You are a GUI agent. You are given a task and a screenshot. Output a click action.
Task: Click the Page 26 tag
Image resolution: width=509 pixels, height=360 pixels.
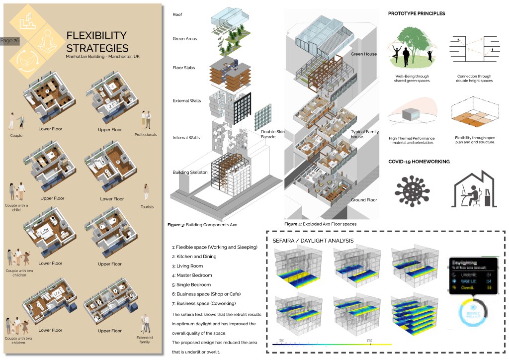(x=10, y=41)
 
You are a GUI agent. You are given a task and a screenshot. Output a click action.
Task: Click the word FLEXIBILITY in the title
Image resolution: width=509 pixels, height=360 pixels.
(x=96, y=36)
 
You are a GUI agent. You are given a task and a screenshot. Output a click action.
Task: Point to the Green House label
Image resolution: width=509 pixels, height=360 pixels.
(x=364, y=54)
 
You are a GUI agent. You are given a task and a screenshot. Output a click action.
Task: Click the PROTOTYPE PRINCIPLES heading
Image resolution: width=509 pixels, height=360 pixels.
(x=417, y=13)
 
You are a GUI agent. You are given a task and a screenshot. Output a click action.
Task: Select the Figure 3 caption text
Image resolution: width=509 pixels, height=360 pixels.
(x=202, y=225)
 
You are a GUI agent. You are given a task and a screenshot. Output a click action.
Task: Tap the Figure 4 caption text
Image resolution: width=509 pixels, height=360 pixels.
(x=320, y=224)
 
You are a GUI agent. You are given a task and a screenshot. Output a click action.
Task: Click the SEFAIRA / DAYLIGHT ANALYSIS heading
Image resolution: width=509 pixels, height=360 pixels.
(x=313, y=241)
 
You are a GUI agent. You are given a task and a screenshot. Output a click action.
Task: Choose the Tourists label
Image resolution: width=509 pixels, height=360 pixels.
(x=147, y=207)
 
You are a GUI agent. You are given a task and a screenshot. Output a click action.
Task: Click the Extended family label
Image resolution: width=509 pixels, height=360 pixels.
(x=146, y=340)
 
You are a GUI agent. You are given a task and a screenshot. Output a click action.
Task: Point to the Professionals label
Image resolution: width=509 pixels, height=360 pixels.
(x=146, y=134)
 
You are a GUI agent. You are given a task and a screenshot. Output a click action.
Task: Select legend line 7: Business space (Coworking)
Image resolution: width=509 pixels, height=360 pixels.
(x=204, y=303)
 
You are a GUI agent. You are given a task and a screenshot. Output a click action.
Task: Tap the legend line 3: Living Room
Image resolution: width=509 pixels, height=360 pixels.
(x=187, y=266)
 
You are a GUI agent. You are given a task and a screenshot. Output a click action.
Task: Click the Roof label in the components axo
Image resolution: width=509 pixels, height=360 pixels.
(x=177, y=14)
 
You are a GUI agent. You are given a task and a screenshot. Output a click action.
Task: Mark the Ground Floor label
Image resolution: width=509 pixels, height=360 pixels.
(x=364, y=200)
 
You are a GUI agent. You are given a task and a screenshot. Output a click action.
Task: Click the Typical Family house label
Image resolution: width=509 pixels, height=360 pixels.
(x=365, y=134)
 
